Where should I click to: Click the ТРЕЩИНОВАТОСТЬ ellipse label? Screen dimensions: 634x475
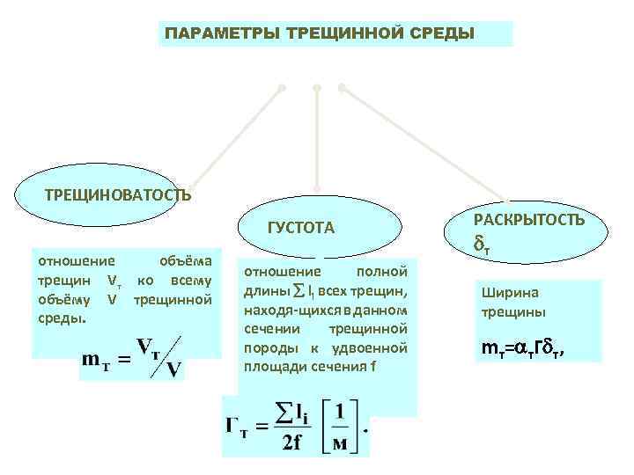click(117, 194)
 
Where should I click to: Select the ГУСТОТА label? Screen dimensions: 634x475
click(300, 229)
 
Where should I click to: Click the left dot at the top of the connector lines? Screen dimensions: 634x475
click(282, 88)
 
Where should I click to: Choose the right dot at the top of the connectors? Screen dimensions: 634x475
click(342, 87)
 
